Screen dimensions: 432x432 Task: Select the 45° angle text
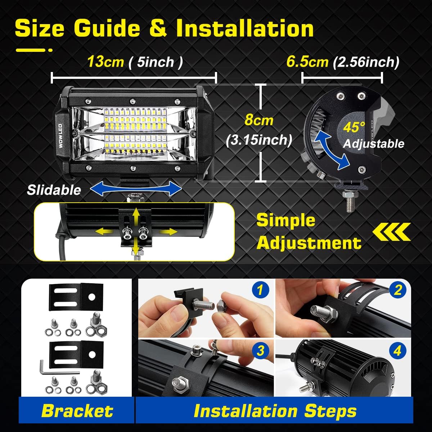(x=354, y=127)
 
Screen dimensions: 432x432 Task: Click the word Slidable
(x=54, y=190)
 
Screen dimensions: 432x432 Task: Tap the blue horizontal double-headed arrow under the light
(x=136, y=189)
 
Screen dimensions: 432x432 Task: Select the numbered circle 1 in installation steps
(x=260, y=290)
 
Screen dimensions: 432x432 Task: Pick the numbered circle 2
(x=398, y=290)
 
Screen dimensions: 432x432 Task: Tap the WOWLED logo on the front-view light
(x=60, y=136)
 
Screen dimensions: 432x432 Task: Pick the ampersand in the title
(x=158, y=28)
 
